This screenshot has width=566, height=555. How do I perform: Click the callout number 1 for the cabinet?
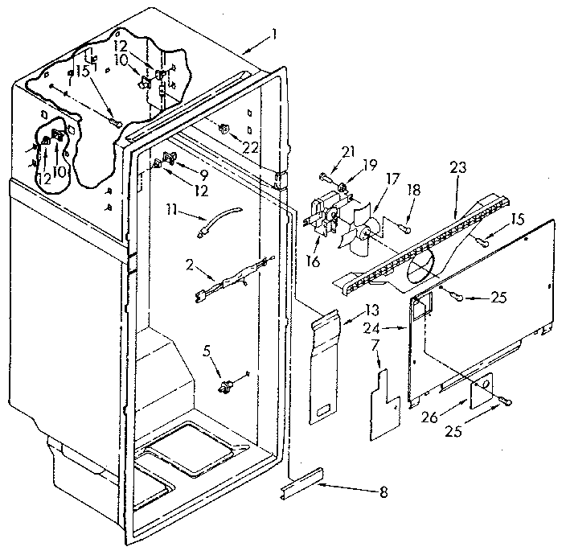click(x=274, y=35)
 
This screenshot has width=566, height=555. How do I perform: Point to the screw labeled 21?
click(x=323, y=173)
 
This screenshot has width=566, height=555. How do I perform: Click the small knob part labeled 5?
click(x=227, y=387)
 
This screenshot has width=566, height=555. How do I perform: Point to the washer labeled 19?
click(x=343, y=189)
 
